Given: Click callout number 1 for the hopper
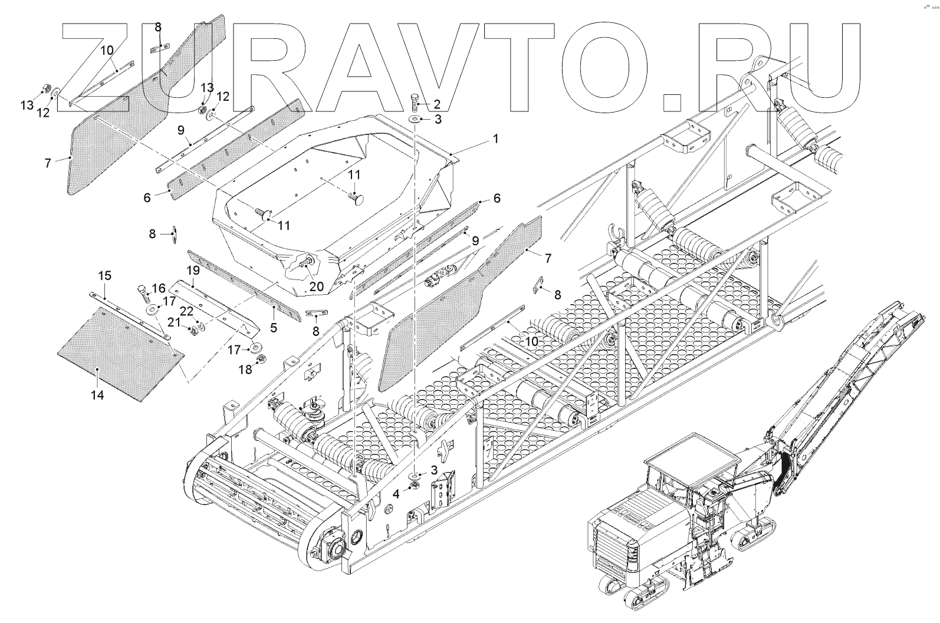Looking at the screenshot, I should click(496, 139).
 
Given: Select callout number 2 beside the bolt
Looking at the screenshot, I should click(437, 104).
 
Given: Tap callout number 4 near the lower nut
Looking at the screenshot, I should click(397, 493).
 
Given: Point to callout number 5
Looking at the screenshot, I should click(274, 327).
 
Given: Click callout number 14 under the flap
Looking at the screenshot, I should click(97, 394).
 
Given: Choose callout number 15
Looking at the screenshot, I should click(104, 275).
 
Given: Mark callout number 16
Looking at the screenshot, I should click(159, 288).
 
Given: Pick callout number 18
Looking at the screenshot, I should click(245, 369).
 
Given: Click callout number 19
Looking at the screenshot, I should click(193, 271).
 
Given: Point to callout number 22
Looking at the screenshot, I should click(186, 311).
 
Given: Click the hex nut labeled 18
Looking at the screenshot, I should click(264, 358).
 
